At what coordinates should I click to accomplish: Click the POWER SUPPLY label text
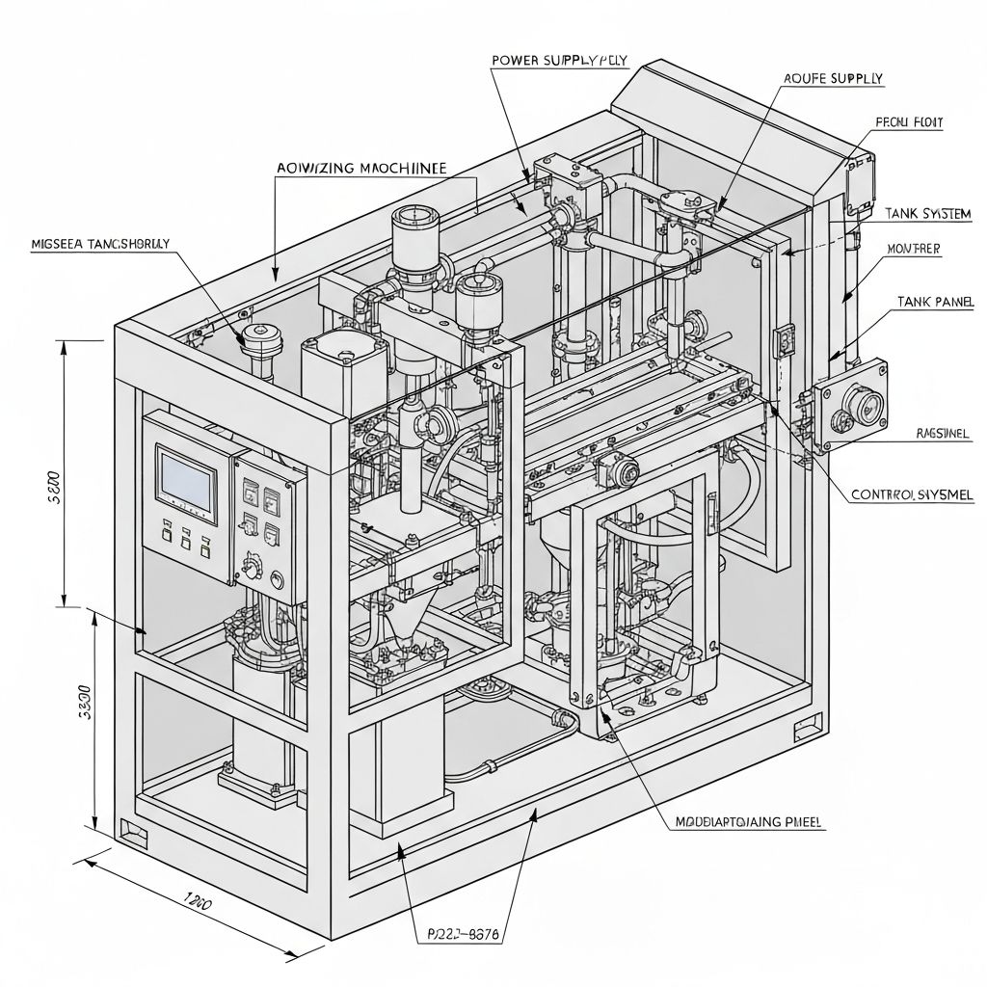pyautogui.click(x=559, y=60)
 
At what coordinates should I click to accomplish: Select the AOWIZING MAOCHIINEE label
pyautogui.click(x=360, y=167)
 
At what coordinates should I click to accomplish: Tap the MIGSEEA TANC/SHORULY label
pyautogui.click(x=99, y=244)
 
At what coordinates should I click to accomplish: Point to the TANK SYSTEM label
pyautogui.click(x=926, y=213)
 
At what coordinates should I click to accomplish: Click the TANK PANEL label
pyautogui.click(x=935, y=302)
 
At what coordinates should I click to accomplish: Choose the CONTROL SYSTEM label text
pyautogui.click(x=912, y=494)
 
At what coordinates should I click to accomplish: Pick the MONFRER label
pyautogui.click(x=913, y=249)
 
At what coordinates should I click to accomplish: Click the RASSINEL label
pyautogui.click(x=942, y=434)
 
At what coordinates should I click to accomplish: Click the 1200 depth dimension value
pyautogui.click(x=198, y=902)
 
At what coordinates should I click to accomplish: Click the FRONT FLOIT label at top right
pyautogui.click(x=908, y=122)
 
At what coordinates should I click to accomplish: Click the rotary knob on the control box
pyautogui.click(x=254, y=563)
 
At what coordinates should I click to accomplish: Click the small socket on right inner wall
pyautogui.click(x=784, y=338)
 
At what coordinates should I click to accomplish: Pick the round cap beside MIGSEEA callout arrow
pyautogui.click(x=259, y=334)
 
